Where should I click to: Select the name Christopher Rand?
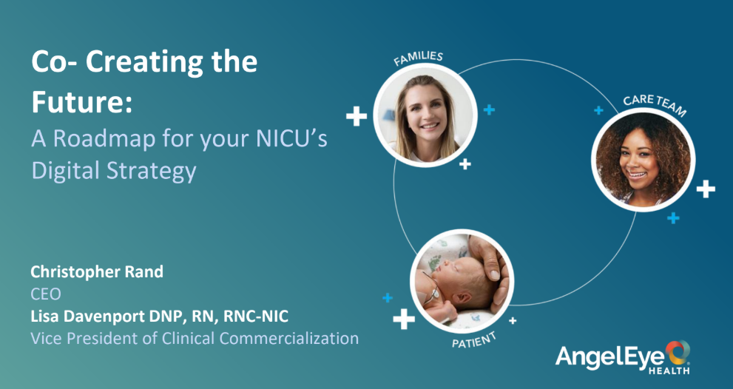point(97,271)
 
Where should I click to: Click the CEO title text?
point(46,294)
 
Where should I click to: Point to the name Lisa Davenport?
point(88,317)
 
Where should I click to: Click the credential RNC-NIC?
point(256,317)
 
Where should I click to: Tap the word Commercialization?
point(288,338)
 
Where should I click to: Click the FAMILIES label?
point(418,58)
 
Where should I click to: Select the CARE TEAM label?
point(655,105)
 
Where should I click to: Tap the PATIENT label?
point(473,340)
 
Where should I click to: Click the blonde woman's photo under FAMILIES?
point(425,115)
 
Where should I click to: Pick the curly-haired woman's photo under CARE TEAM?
point(643,160)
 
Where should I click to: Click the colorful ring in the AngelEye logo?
point(678,353)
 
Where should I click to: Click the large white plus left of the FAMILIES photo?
point(357,116)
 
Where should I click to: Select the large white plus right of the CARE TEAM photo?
point(706,189)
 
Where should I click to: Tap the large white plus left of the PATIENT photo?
point(404,319)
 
